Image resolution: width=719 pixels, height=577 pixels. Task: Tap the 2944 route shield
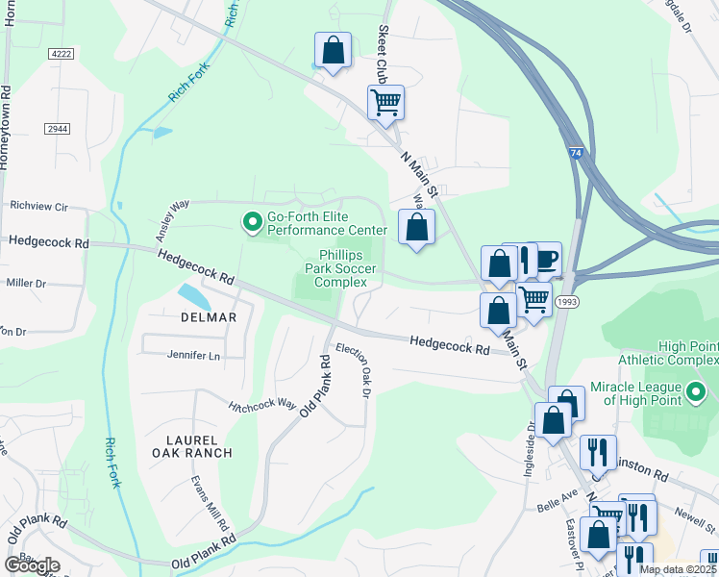coord(57,128)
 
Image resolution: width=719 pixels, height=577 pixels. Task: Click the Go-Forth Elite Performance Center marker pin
coord(253,223)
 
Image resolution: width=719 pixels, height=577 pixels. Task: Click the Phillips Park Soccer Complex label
coord(342,269)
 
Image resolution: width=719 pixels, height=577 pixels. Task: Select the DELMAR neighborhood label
coord(208,317)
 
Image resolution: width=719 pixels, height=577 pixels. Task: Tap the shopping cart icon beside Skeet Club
coord(385,102)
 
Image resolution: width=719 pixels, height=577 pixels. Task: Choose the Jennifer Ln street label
coord(193,356)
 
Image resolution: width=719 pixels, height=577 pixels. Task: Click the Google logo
coord(32,564)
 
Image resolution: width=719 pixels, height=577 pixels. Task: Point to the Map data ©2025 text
coord(677,569)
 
